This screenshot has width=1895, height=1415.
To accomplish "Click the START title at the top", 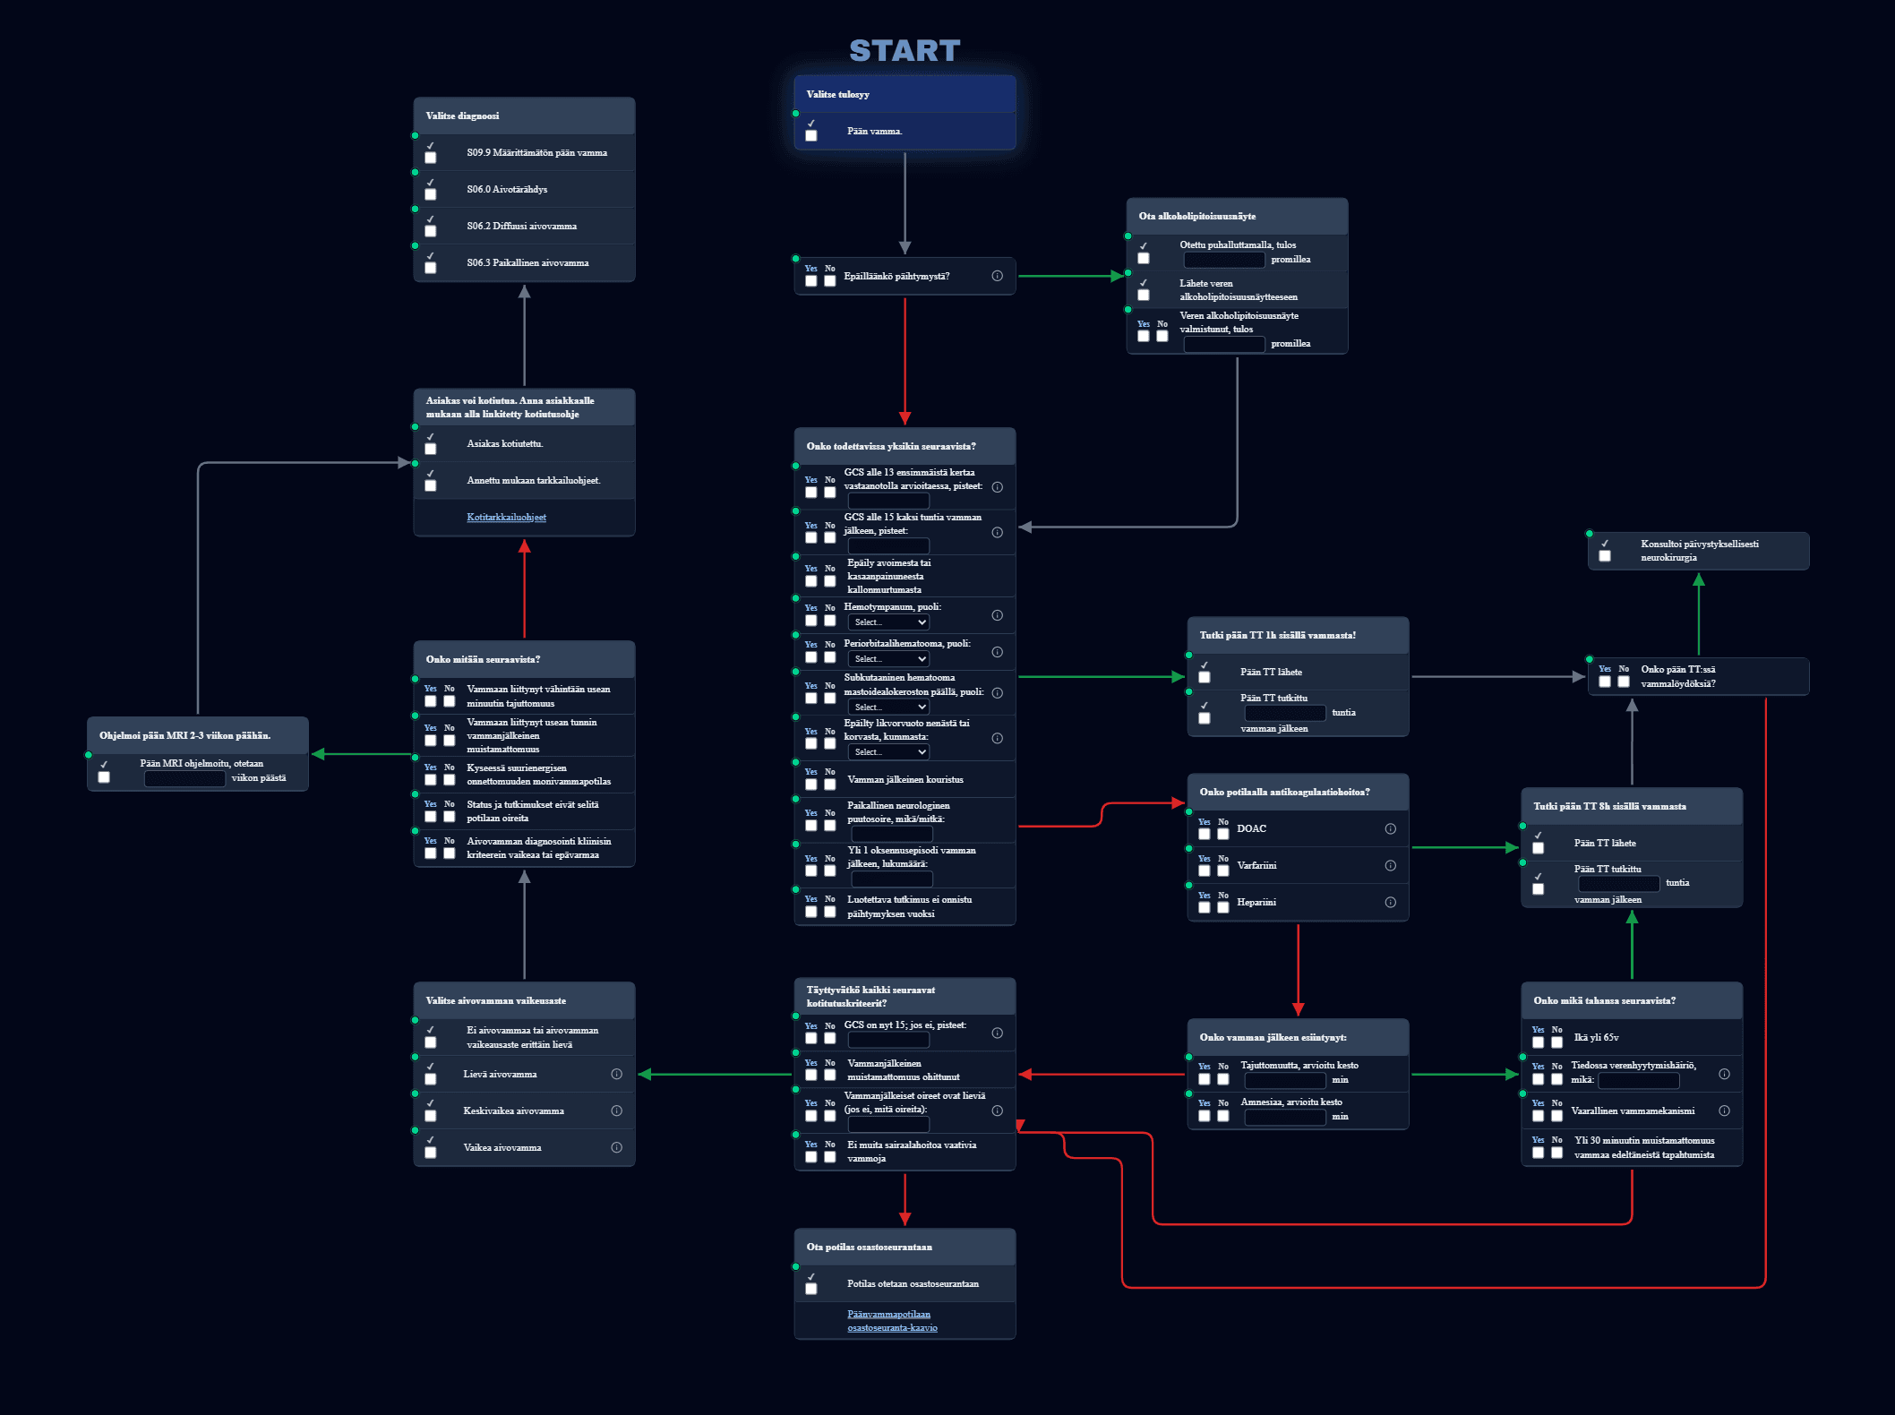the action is [905, 51].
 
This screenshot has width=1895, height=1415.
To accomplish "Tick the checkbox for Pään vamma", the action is [811, 136].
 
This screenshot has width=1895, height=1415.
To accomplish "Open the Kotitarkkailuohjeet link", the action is [506, 517].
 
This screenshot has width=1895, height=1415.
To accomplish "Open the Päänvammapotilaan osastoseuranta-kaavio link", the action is [892, 1321].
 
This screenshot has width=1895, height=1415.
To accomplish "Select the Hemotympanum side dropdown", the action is [890, 622].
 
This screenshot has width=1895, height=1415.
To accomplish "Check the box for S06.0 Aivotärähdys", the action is [431, 194].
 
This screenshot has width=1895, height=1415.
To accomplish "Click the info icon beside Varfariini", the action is [1391, 865].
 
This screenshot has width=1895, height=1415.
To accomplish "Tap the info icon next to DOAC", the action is [1391, 828].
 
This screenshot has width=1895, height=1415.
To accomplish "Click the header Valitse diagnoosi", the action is [463, 116].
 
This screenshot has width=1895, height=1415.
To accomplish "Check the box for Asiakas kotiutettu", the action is [431, 449].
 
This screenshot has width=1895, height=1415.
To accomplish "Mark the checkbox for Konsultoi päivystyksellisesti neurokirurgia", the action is [1605, 556].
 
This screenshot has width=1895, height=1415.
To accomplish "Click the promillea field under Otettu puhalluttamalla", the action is [1224, 260].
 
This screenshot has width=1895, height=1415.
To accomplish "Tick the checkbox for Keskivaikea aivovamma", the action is [431, 1116].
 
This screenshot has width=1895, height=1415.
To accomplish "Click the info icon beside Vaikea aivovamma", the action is [617, 1147].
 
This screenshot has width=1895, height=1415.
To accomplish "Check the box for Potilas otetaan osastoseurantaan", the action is [811, 1289].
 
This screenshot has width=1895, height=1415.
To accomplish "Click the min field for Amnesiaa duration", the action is [1285, 1117].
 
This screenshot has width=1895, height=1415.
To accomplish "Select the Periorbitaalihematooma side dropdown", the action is [890, 659].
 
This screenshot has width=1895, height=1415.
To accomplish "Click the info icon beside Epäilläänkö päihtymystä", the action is [998, 276].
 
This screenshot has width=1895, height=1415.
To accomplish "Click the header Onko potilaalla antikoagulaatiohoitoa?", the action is [1285, 792].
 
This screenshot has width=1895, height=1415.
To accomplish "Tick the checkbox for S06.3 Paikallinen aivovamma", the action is [431, 268].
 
